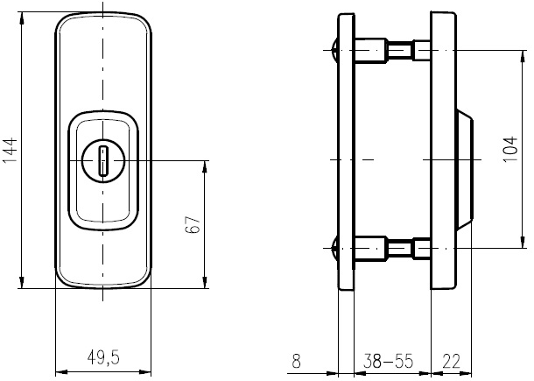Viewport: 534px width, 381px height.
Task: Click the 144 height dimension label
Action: click(x=10, y=150)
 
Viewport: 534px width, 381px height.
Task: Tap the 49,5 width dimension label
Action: click(x=103, y=358)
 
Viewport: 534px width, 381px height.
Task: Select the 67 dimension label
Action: click(x=193, y=224)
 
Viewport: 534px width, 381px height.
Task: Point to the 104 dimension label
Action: click(x=510, y=149)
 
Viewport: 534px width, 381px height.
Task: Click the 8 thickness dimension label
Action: click(x=296, y=361)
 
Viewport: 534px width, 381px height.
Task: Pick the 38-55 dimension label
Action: click(x=388, y=361)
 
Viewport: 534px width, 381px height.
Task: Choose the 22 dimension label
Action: click(x=451, y=361)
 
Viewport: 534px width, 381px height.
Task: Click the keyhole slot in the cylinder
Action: click(x=102, y=160)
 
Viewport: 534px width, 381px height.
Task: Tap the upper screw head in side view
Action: click(x=334, y=51)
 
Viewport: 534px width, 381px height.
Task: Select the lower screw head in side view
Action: click(x=334, y=248)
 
